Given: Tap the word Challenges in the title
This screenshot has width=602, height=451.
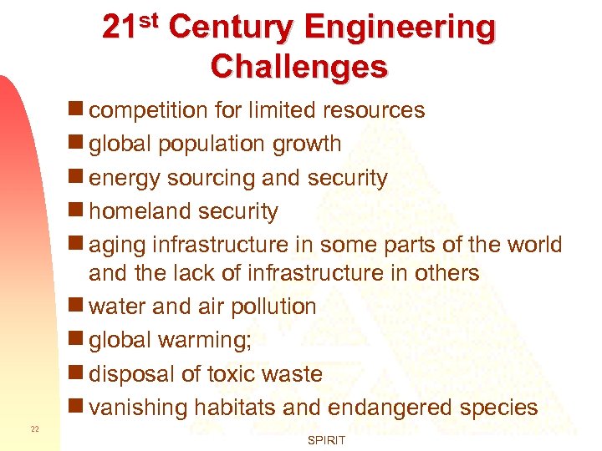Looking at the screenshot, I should [x=299, y=67].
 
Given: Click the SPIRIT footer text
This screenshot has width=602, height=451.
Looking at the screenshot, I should [x=327, y=439].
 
